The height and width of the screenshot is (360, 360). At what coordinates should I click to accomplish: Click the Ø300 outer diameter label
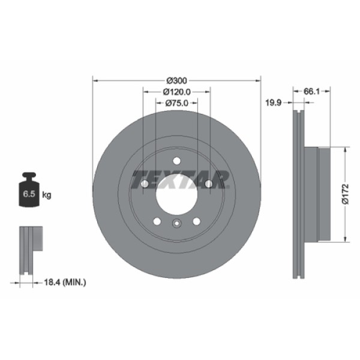(x=176, y=80)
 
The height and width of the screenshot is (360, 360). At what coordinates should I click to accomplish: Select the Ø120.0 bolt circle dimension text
(x=176, y=92)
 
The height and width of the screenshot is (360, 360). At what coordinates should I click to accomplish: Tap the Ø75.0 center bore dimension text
(x=176, y=103)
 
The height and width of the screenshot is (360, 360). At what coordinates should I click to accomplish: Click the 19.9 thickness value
(x=275, y=103)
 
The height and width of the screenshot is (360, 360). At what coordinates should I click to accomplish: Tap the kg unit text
(x=47, y=194)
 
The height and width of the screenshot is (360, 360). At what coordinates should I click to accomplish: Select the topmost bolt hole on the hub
(x=176, y=160)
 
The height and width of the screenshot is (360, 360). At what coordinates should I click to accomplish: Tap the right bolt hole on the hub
(x=208, y=184)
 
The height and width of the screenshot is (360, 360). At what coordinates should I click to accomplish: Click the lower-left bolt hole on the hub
(x=157, y=221)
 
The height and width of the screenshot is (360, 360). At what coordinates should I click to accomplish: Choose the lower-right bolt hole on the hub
(x=196, y=221)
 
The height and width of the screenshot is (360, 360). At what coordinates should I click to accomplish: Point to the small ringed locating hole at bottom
(x=176, y=224)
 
